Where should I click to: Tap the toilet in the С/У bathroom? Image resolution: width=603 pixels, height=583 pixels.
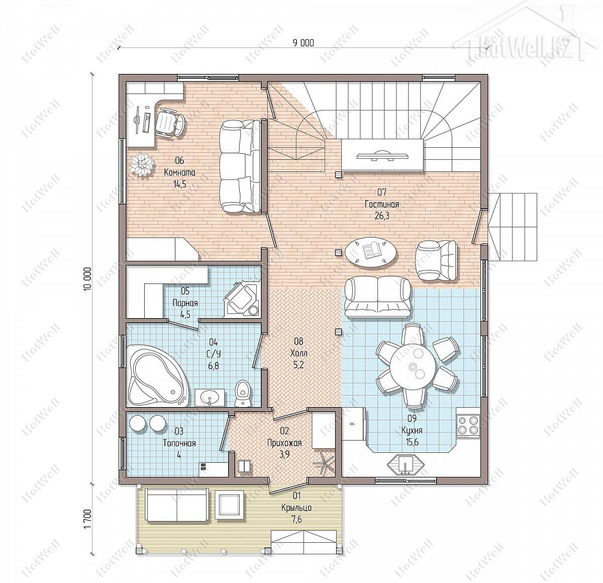pos(244,394)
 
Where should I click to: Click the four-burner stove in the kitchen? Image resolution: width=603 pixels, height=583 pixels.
pos(468,425)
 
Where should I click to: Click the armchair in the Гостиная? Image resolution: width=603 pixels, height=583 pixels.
pos(437,261)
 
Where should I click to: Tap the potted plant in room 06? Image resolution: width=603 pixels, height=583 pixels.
pos(142,164)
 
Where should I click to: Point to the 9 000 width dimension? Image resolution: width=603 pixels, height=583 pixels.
pos(304,43)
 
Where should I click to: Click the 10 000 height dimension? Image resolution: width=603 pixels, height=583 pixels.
pos(88,278)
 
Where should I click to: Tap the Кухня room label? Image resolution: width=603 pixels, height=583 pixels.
pos(412,430)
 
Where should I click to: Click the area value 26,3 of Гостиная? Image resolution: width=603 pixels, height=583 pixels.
pos(382,216)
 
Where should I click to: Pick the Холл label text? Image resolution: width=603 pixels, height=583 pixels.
pos(298,353)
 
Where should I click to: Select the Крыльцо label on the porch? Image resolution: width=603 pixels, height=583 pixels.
pos(296,508)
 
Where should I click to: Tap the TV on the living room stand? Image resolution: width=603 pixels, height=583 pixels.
pos(382,154)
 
